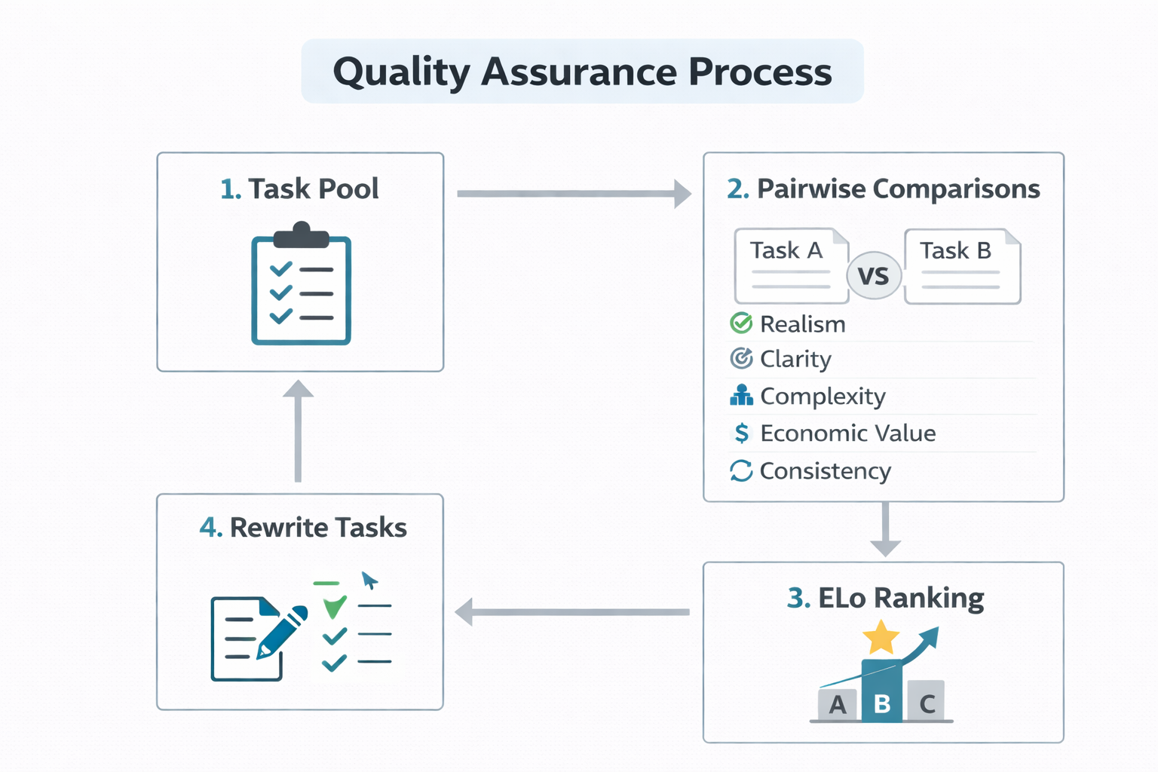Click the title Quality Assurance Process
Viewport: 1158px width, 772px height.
point(582,72)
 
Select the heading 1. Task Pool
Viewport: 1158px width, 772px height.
point(299,188)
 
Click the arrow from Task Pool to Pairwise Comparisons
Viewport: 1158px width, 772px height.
point(573,194)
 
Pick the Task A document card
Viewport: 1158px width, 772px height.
point(790,265)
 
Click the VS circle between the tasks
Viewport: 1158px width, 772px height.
point(874,275)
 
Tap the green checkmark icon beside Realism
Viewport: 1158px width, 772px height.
point(741,323)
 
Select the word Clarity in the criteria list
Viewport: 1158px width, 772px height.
point(795,359)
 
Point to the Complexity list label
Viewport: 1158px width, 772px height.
point(823,396)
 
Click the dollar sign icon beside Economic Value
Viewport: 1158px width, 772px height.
point(742,433)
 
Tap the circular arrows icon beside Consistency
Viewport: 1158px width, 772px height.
point(741,470)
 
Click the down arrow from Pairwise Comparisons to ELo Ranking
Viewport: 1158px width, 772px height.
point(885,530)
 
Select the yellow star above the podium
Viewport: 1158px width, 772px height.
point(881,638)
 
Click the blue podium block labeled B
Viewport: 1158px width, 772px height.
point(881,692)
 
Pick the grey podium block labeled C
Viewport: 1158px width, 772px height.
point(927,701)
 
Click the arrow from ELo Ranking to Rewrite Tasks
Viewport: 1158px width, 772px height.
point(573,611)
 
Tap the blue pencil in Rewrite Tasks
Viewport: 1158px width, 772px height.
point(283,631)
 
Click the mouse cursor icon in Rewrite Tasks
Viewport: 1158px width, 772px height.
point(369,581)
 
